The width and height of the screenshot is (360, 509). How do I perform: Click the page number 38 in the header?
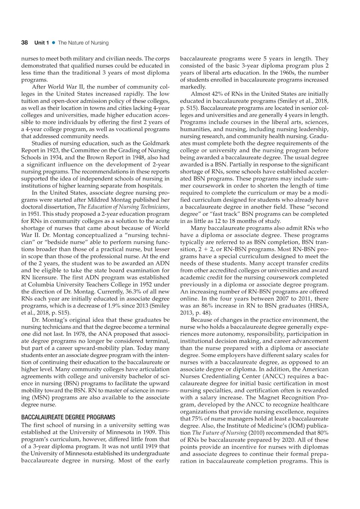coord(24,43)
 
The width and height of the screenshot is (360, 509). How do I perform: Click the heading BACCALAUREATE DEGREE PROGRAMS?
coord(68,417)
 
